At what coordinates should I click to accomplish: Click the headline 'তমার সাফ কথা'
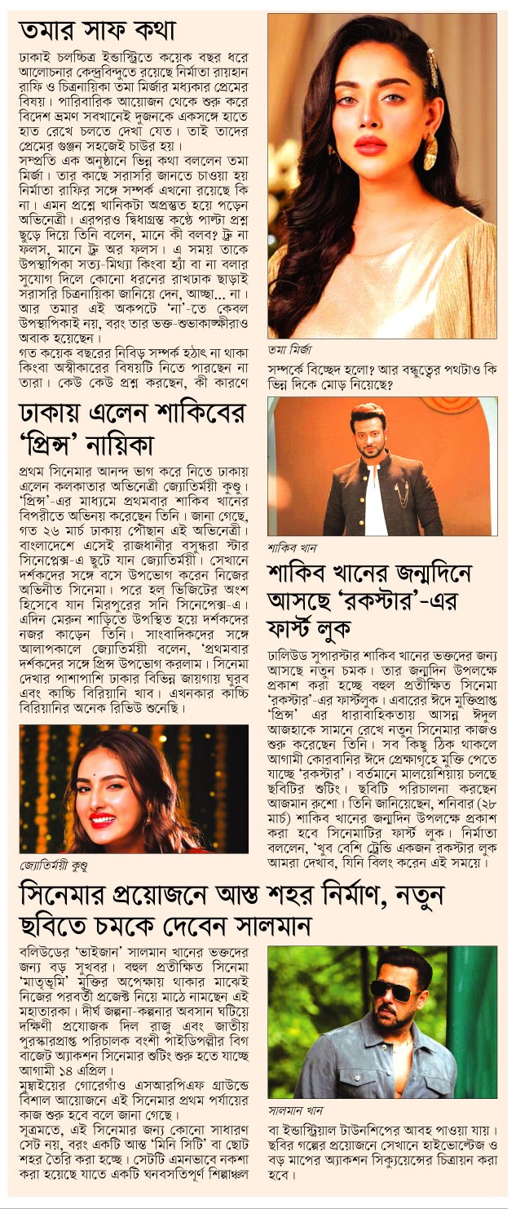point(98,32)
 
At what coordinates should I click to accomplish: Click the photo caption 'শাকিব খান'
point(291,547)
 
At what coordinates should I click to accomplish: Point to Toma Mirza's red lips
point(370,145)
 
